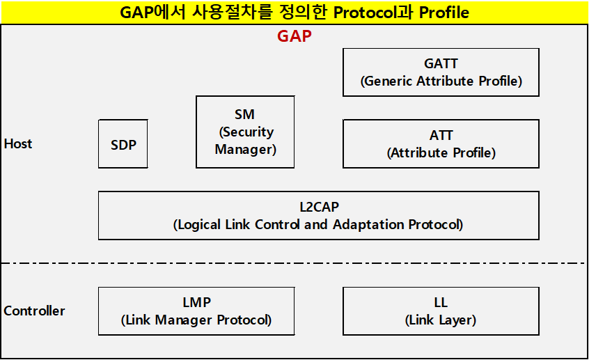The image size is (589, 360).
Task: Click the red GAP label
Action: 294,37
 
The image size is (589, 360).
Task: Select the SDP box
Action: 123,144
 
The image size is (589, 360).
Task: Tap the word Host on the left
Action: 18,144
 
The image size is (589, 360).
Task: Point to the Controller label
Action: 34,311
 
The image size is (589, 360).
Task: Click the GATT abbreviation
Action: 441,64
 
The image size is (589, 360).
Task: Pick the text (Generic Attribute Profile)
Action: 441,81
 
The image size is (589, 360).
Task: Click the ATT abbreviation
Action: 441,136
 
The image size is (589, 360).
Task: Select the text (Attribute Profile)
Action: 441,153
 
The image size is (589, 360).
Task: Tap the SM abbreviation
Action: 244,114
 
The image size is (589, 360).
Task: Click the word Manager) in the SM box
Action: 245,149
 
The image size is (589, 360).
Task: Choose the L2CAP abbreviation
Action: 318,208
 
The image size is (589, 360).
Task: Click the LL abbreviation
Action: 441,303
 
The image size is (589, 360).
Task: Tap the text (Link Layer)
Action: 441,320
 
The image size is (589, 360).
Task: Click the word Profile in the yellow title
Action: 444,13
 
